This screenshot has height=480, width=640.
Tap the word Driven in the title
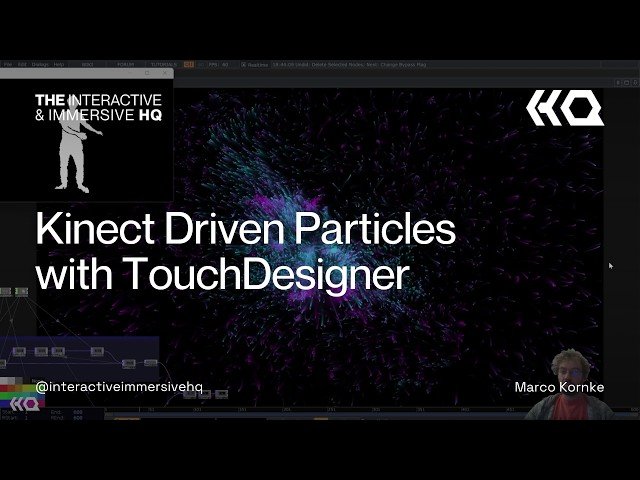coord(215,231)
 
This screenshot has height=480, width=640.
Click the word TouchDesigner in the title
coord(268,275)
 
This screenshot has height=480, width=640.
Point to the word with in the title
coord(73,275)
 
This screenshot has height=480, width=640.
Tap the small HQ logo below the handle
coord(25,404)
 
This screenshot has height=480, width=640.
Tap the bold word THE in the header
coord(50,100)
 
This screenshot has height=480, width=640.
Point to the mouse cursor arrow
coord(610,265)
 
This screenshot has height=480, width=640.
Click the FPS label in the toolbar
coord(213,64)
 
